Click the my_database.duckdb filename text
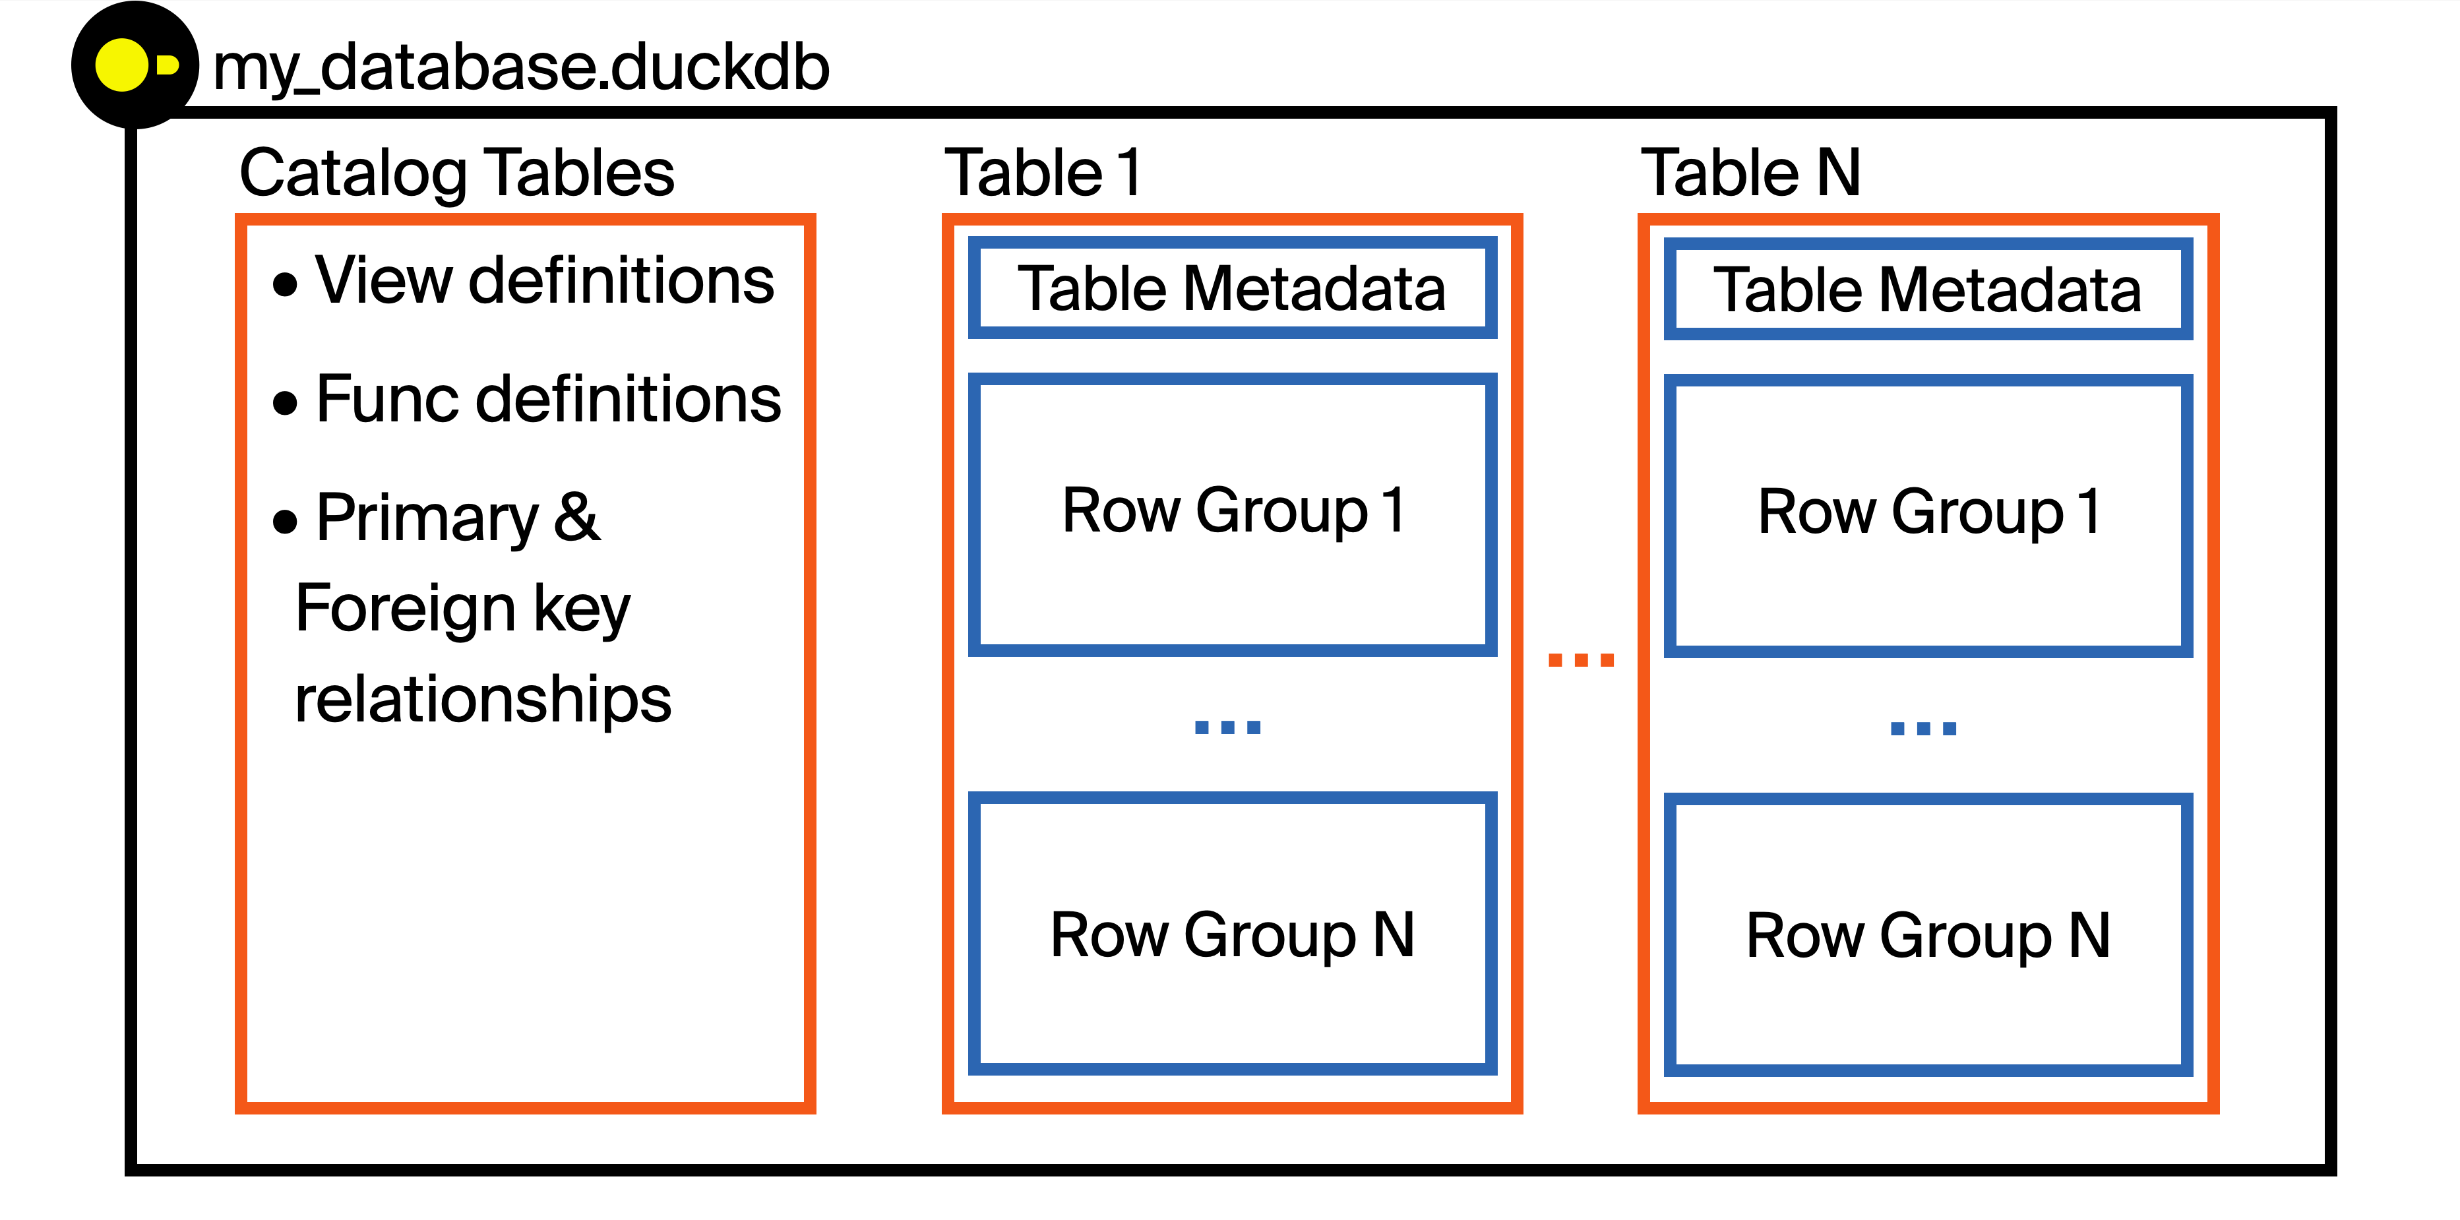(x=520, y=68)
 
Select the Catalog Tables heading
(x=456, y=173)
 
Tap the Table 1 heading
(x=1042, y=173)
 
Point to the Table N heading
(x=1750, y=173)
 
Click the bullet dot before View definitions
(x=284, y=284)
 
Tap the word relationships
(x=483, y=699)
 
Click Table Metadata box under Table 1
(x=1232, y=288)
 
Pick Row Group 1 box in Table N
(x=1927, y=514)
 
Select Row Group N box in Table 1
(x=1232, y=934)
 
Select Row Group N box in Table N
(x=1927, y=934)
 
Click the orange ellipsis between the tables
(x=1580, y=659)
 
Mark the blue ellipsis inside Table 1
(x=1227, y=727)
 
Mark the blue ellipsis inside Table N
(x=1923, y=728)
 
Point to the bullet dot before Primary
(x=284, y=521)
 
